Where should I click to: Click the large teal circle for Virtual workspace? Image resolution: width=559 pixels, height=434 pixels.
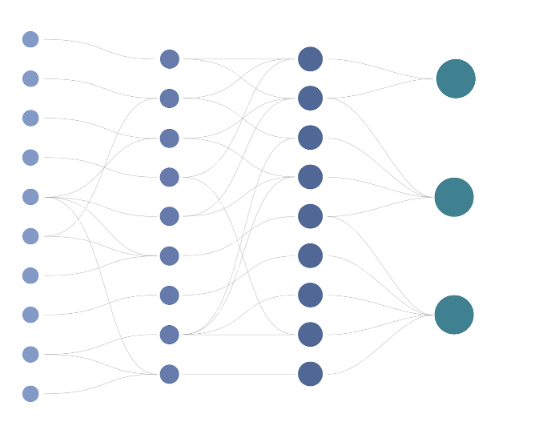(455, 78)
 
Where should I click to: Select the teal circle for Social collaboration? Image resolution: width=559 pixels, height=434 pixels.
(455, 197)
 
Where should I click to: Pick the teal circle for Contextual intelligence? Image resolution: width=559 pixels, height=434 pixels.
(455, 314)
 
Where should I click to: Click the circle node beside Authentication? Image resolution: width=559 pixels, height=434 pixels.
(30, 38)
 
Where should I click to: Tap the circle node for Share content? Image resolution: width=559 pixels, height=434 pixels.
(169, 58)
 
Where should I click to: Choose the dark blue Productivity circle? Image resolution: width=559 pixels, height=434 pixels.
(310, 58)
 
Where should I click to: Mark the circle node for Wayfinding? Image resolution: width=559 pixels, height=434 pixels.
(310, 255)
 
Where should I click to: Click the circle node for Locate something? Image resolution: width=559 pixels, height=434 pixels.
(169, 294)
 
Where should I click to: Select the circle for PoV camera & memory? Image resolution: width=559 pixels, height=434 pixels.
(30, 392)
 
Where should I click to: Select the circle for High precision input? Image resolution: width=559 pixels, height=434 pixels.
(30, 78)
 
